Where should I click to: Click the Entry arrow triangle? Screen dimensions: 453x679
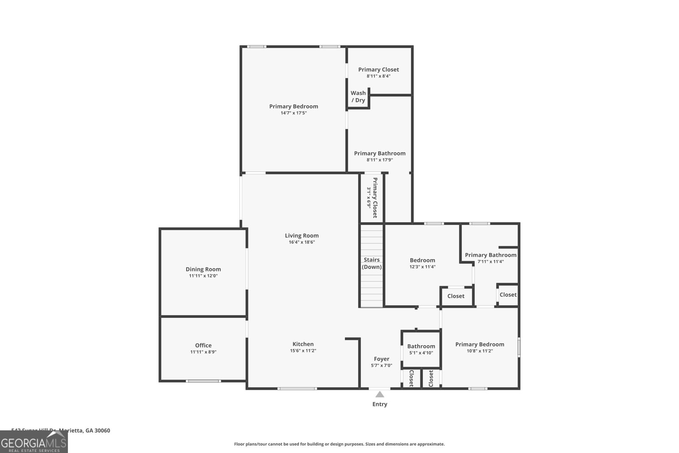click(379, 394)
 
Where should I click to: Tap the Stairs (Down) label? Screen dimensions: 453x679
click(372, 263)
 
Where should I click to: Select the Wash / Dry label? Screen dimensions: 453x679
click(358, 96)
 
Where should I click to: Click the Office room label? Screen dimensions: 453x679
click(203, 345)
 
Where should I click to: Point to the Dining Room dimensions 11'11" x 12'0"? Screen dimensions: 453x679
click(203, 276)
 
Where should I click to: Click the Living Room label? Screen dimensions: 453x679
click(302, 236)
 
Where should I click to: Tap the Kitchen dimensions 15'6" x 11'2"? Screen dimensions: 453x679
click(303, 351)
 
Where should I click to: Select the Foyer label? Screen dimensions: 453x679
click(381, 359)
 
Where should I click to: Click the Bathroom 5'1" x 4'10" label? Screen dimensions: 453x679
click(421, 346)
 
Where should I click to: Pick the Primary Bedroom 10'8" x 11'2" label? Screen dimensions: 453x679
click(480, 344)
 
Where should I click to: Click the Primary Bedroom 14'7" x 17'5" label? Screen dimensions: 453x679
click(293, 107)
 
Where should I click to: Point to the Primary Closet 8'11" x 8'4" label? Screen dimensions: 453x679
click(379, 70)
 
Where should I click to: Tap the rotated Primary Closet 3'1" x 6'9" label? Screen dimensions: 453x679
click(372, 197)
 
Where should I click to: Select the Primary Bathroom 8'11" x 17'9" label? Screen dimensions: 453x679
click(380, 153)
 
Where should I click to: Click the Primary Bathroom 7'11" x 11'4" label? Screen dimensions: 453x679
click(491, 255)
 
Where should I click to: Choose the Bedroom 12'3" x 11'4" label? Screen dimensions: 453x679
click(422, 260)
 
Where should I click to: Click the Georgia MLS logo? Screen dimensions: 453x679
click(34, 442)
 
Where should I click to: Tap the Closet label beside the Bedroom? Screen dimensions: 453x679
click(456, 296)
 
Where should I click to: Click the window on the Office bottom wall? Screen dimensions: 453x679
click(203, 381)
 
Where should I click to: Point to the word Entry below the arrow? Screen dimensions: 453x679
click(379, 404)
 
